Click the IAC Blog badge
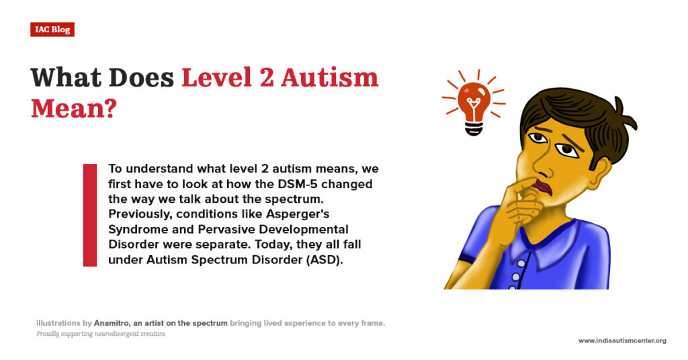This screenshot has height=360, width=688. [x=52, y=30]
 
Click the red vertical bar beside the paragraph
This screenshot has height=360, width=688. [x=89, y=214]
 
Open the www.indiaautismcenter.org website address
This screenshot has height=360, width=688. [x=622, y=341]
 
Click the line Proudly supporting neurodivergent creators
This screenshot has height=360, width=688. [x=101, y=334]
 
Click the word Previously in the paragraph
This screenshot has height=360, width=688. [x=140, y=214]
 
